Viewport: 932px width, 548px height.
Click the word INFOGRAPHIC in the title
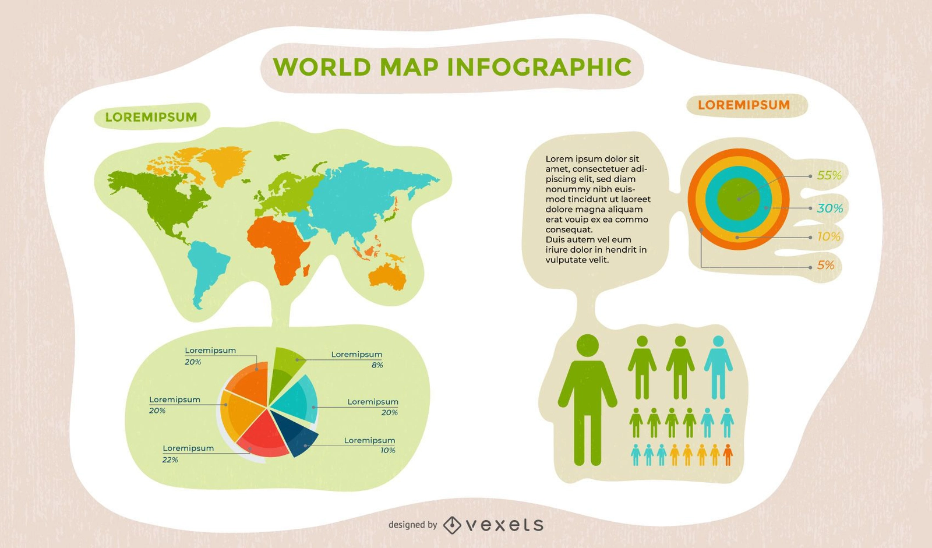point(539,67)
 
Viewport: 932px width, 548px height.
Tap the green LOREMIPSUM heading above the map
point(151,117)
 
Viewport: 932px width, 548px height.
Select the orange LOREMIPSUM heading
point(744,105)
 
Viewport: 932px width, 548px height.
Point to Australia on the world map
point(388,276)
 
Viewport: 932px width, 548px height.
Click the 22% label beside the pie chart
point(170,459)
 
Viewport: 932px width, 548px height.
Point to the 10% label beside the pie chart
point(388,450)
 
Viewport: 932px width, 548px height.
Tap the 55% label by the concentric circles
point(829,175)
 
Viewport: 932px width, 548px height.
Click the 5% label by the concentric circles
point(826,266)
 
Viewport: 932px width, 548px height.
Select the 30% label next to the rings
point(830,208)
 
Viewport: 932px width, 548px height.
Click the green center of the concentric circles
point(738,199)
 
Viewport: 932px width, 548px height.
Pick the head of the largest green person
point(587,345)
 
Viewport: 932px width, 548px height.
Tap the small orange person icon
point(728,454)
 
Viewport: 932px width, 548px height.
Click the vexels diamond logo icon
point(452,525)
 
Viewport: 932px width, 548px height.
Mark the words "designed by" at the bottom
point(412,525)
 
